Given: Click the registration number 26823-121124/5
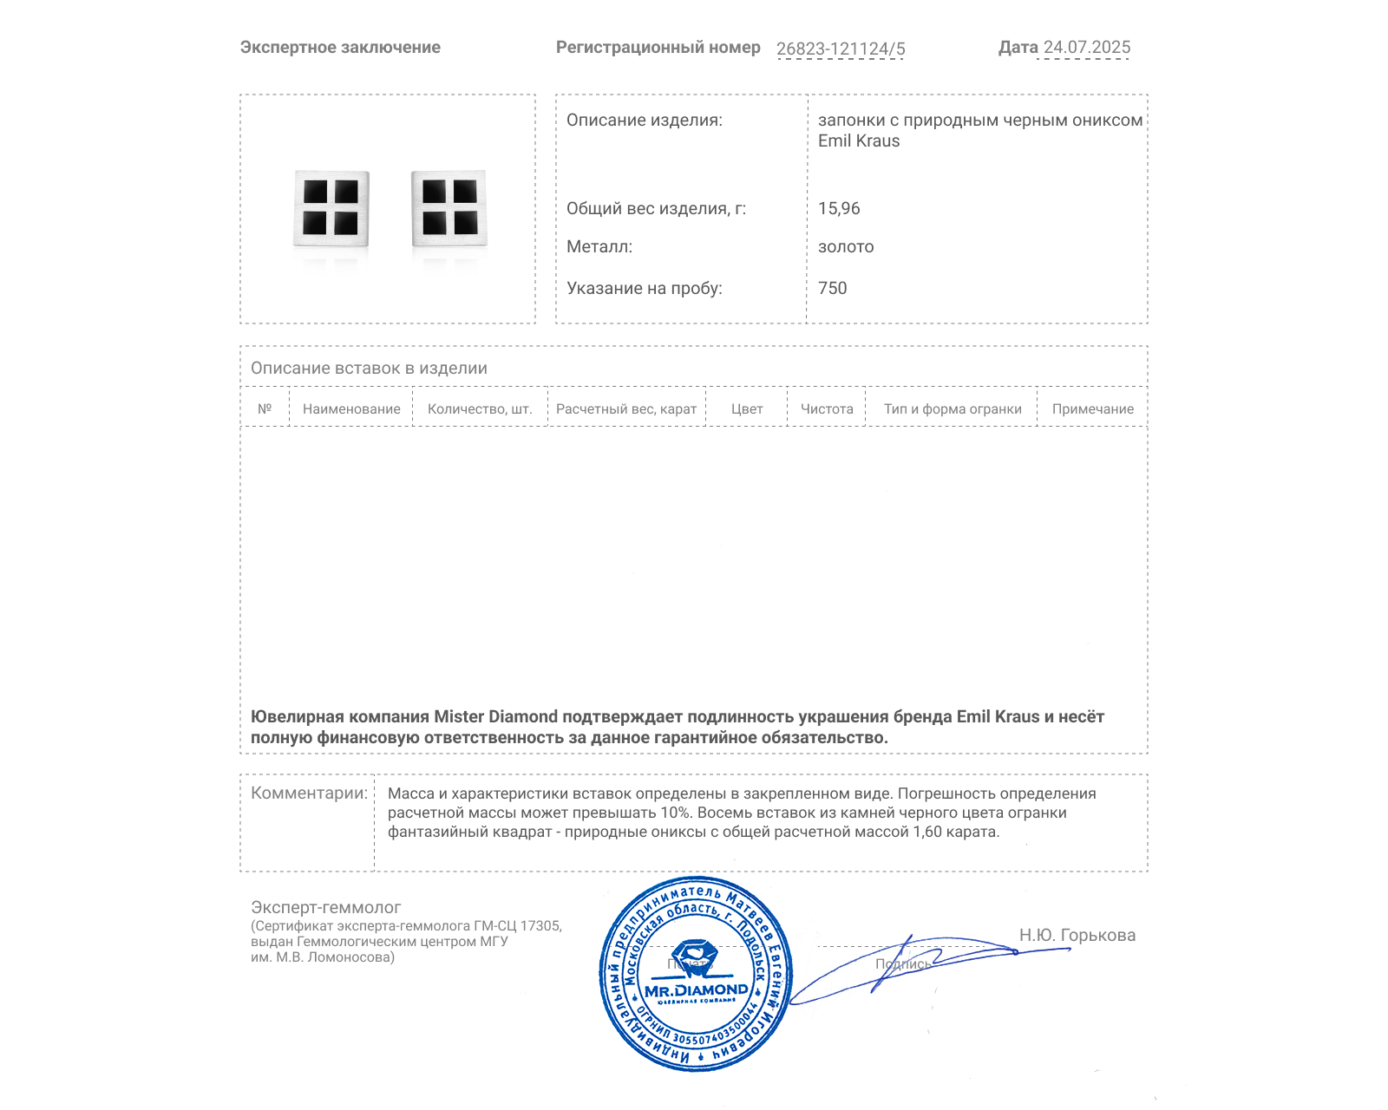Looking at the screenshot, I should [x=841, y=49].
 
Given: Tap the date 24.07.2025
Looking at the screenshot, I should [x=1087, y=48].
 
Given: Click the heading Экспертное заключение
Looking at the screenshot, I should [x=340, y=48].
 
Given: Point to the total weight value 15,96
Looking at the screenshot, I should [x=839, y=208].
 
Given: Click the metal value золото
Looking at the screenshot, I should [x=846, y=246].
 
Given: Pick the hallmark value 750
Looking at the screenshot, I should [x=832, y=288].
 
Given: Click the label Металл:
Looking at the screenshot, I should [x=599, y=246].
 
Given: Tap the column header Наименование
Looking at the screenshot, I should [x=351, y=409].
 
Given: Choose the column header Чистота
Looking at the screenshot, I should [x=827, y=409].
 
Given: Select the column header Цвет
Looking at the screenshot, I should [x=747, y=409].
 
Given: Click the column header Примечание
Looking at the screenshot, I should [x=1093, y=409].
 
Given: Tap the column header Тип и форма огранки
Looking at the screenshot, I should [x=953, y=409].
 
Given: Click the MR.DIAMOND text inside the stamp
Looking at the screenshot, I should [x=696, y=990].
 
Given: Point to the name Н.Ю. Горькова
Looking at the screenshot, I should [x=1077, y=935].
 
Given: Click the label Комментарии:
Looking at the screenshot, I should [x=309, y=793].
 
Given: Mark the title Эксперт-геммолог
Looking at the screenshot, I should [x=325, y=907].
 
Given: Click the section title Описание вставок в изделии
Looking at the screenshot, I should [x=369, y=368].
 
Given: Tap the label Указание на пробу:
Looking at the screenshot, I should [x=644, y=288].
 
